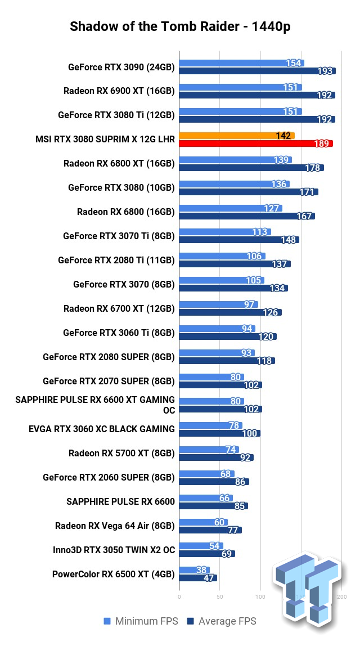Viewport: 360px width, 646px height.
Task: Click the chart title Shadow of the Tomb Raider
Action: click(180, 26)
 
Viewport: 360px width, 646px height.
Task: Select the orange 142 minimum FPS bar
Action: click(236, 136)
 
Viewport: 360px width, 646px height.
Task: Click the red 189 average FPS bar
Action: click(256, 143)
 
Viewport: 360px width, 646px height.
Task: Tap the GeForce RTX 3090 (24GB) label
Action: click(121, 67)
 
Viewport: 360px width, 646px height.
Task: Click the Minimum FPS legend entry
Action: click(141, 621)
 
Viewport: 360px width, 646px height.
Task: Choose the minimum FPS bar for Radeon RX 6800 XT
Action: click(235, 160)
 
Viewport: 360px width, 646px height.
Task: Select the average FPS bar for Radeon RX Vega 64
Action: click(210, 530)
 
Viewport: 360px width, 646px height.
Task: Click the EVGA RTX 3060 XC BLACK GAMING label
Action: click(102, 429)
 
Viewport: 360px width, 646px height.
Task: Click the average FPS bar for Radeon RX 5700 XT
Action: click(217, 457)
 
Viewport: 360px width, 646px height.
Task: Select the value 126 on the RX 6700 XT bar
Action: click(272, 312)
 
